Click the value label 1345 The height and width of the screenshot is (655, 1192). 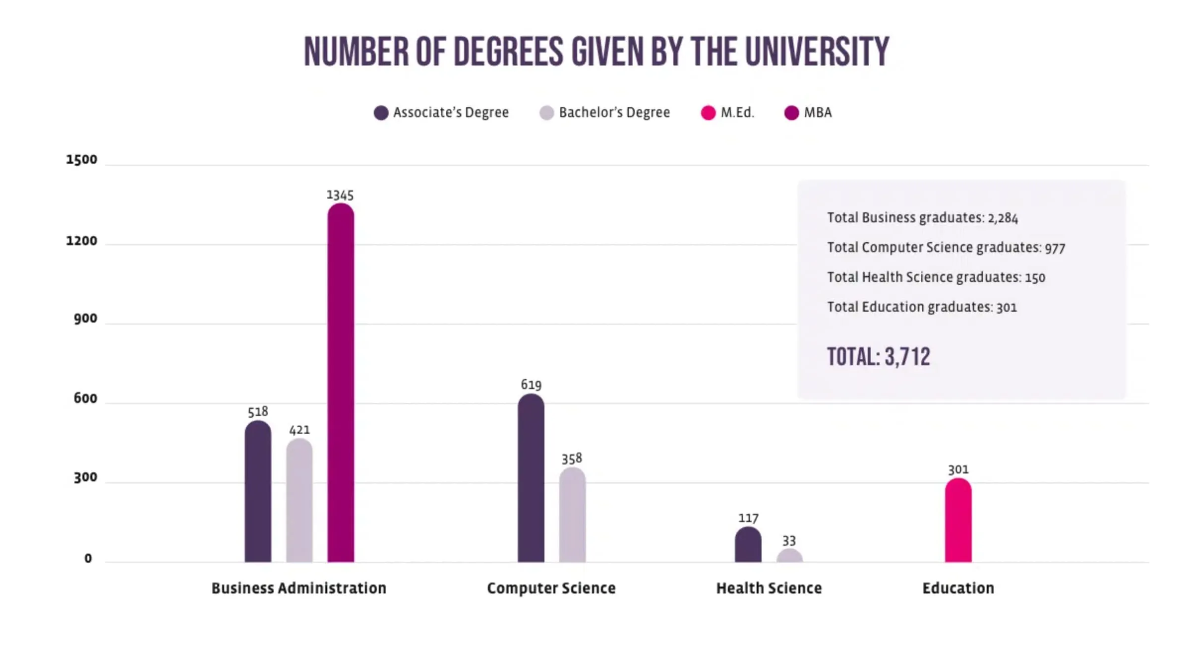[x=340, y=195]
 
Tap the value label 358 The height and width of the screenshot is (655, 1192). [x=572, y=458]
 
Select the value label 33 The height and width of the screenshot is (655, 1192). [x=789, y=540]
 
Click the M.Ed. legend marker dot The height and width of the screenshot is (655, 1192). [x=708, y=113]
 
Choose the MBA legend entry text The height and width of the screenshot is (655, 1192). [x=818, y=113]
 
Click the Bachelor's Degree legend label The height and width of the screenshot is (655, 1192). [x=614, y=113]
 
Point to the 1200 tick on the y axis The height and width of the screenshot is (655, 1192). [x=82, y=241]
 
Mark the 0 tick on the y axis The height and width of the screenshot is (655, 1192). [x=88, y=559]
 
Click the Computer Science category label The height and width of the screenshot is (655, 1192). [x=551, y=588]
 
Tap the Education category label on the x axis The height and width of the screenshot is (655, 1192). [x=958, y=588]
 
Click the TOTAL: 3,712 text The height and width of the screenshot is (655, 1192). [x=878, y=357]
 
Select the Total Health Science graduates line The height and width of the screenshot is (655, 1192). [x=936, y=277]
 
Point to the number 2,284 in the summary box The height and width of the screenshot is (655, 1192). [x=1003, y=218]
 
